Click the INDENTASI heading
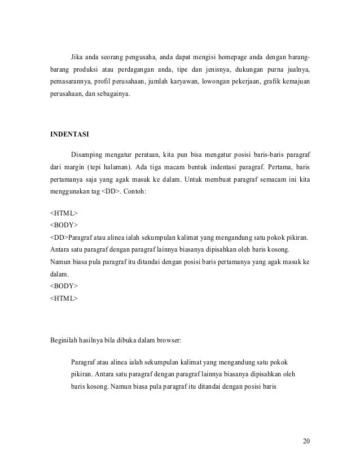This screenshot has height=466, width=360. pyautogui.click(x=67, y=134)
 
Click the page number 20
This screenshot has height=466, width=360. pyautogui.click(x=306, y=440)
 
